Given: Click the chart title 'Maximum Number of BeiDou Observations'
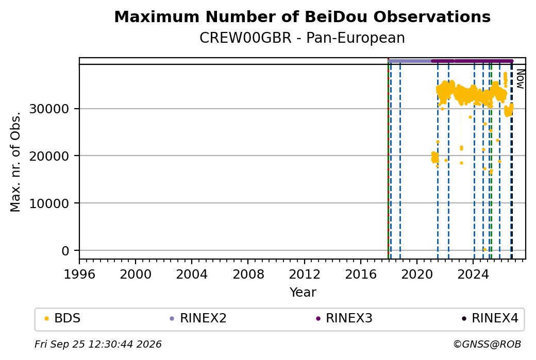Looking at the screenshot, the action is pos(302,16).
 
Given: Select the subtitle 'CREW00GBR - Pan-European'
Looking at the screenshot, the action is pos(302,38).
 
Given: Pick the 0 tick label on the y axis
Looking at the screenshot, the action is pos(65,251).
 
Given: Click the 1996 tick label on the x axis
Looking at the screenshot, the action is pos(79,274).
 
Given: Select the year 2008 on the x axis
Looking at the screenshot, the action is pos(248,274).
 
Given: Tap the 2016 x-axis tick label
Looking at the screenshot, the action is pos(361,274).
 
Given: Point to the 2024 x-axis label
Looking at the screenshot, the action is pos(473,274).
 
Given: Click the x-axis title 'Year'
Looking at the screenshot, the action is pos(303,293).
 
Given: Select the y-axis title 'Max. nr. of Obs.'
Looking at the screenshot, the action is pos(15,162).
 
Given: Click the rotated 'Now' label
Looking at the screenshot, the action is pos(520,79).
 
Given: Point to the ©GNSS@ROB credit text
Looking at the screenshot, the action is pos(487,344).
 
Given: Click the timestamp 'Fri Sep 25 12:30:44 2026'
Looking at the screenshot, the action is pos(98,344).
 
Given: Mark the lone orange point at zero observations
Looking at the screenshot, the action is pos(484,250).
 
